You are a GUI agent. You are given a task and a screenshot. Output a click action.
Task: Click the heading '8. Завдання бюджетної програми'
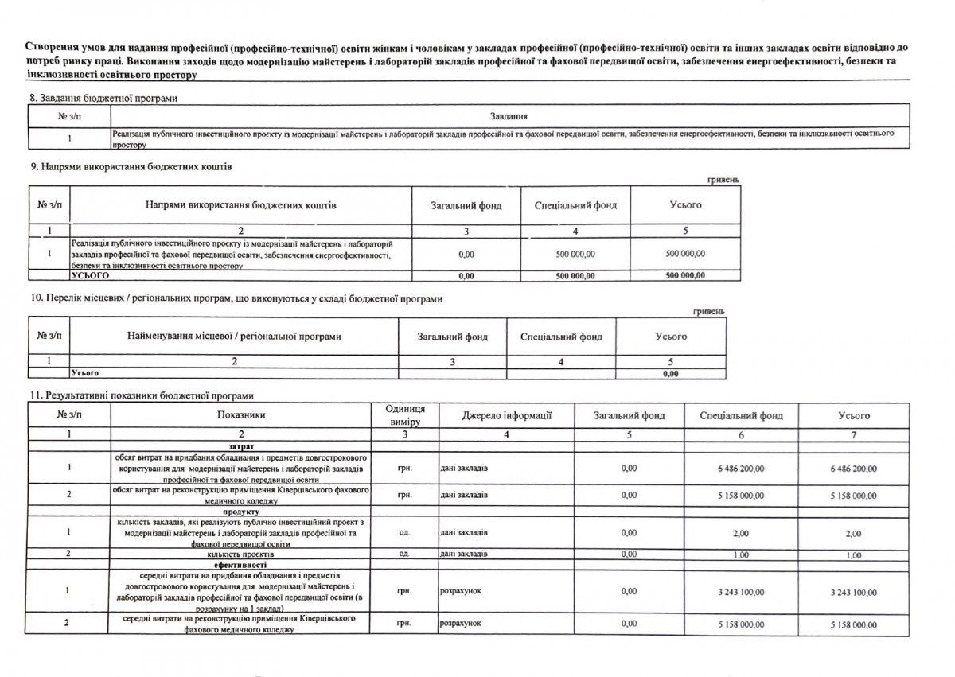tap(103, 98)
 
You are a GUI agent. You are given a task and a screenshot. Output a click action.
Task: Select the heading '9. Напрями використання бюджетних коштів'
tap(131, 167)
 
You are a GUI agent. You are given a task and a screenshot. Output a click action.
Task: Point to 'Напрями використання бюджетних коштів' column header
tap(240, 205)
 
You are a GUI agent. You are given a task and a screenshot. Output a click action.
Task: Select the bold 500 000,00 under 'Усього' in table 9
tap(685, 275)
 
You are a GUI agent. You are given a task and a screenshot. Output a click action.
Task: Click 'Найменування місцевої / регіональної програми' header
tap(234, 337)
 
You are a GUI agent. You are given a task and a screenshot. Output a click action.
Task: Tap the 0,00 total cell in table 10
tap(670, 372)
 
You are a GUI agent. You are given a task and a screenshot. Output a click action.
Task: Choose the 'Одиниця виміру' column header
tap(404, 414)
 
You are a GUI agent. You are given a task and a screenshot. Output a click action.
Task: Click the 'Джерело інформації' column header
tap(506, 415)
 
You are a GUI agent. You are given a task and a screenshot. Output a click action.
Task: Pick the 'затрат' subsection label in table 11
tap(240, 446)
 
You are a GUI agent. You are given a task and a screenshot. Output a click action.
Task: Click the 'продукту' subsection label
tap(240, 512)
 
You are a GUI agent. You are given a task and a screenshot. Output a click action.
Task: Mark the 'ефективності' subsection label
tap(240, 564)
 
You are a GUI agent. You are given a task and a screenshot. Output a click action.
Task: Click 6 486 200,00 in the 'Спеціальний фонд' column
tap(740, 469)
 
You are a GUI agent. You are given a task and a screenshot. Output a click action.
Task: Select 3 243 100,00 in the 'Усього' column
tap(853, 592)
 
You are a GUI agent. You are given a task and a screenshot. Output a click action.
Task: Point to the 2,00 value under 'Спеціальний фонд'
tap(740, 533)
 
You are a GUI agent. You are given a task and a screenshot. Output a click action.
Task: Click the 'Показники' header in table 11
tap(240, 415)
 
